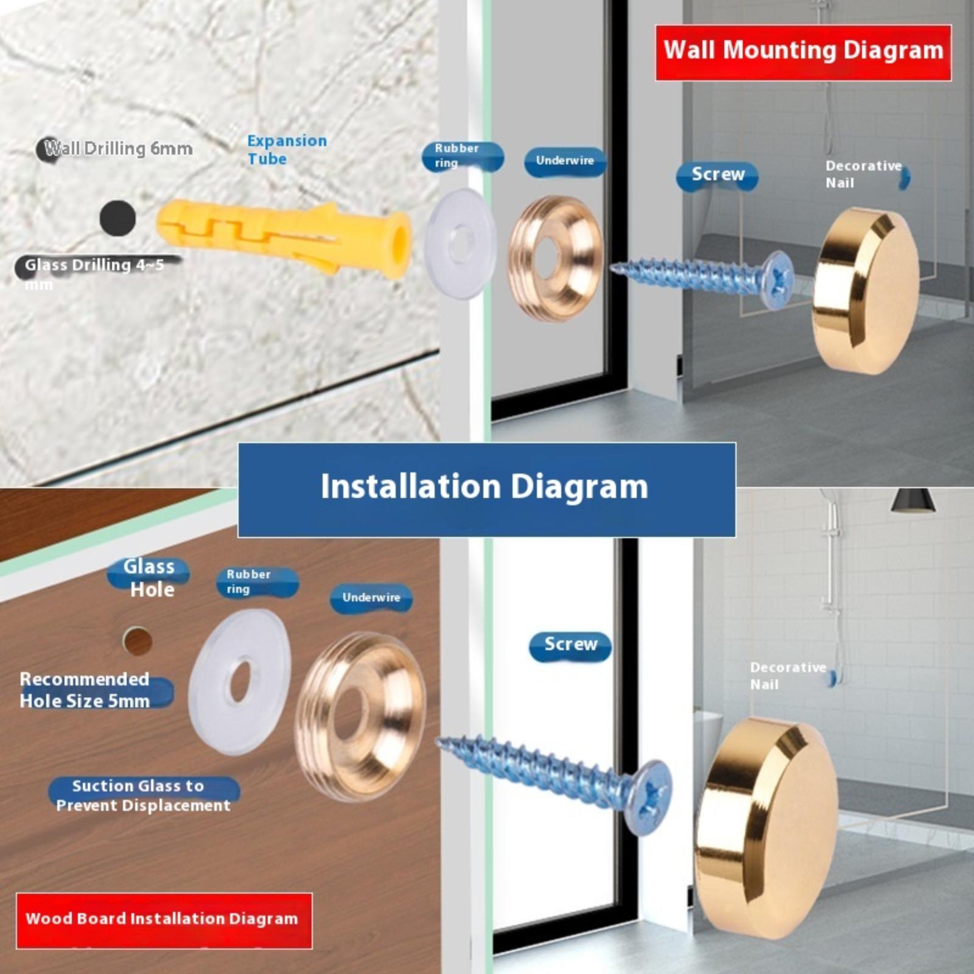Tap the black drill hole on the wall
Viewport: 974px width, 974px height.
[117, 218]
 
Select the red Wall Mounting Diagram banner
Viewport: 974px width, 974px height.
[803, 52]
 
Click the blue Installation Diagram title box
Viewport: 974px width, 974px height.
[486, 489]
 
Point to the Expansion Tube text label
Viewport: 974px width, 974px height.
[287, 150]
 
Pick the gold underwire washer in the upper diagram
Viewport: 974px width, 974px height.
[555, 258]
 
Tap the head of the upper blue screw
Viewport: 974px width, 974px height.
[777, 281]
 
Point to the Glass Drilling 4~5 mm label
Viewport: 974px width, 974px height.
[95, 273]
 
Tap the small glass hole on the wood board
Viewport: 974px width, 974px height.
[138, 640]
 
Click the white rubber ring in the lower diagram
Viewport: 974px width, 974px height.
[240, 681]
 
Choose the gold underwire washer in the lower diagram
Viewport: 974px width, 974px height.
[361, 716]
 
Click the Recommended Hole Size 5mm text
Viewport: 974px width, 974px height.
[85, 690]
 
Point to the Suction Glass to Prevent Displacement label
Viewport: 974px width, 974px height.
[144, 795]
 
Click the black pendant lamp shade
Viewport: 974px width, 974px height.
[912, 500]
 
